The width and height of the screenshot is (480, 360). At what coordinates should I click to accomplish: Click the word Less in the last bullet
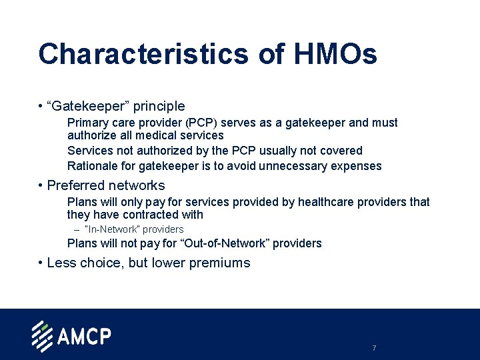[x=61, y=263]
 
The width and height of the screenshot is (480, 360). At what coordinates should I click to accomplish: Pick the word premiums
[x=219, y=263]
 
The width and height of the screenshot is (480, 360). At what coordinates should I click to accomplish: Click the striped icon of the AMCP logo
[x=42, y=337]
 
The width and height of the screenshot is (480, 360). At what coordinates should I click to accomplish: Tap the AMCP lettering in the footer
[x=84, y=336]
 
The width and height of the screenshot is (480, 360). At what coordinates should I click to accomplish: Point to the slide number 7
[x=374, y=348]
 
